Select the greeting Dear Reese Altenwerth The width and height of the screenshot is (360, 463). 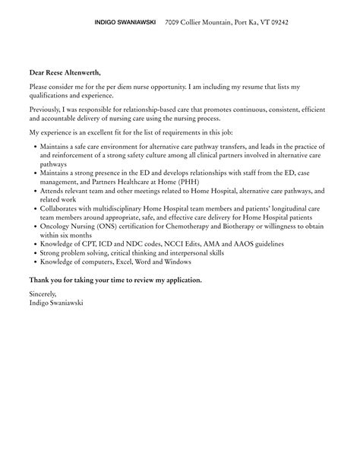coord(65,72)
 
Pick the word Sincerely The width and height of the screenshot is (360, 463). coord(44,292)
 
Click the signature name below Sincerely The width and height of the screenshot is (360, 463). coord(58,301)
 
